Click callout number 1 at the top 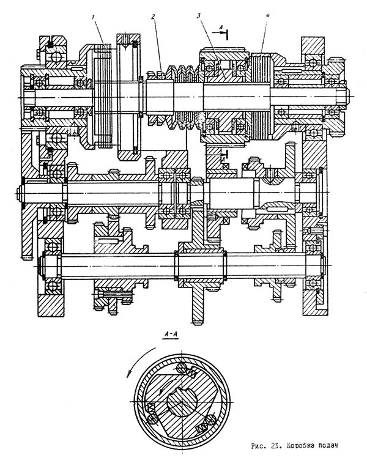(x=94, y=18)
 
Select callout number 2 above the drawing (x=154, y=17)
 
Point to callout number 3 (x=199, y=16)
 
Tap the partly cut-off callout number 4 (x=267, y=15)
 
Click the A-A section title (x=171, y=335)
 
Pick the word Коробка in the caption (x=300, y=445)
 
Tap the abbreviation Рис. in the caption (x=259, y=446)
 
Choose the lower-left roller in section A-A (x=152, y=418)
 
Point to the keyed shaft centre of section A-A (x=182, y=402)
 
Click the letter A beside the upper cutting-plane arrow (x=221, y=27)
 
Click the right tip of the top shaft (x=349, y=96)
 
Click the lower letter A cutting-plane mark (x=223, y=160)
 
